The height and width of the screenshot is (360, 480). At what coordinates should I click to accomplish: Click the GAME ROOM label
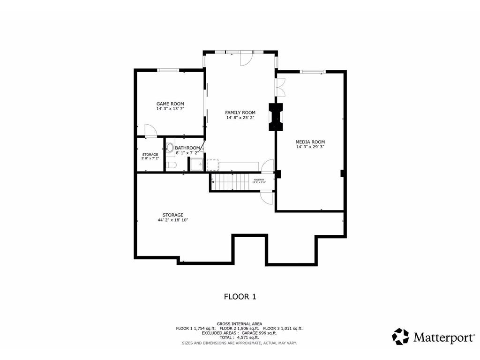point(170,104)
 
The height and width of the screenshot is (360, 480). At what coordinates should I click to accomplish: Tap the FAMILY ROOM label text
point(240,112)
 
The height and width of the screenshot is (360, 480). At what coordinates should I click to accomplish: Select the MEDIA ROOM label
point(310,142)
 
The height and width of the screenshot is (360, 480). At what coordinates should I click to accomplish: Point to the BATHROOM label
point(187,148)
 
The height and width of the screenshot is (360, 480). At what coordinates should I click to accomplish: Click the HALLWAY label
point(259,180)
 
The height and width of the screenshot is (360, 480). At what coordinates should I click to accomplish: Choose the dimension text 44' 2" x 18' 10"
point(172,220)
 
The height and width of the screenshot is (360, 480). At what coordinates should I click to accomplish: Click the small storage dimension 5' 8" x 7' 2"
point(150,158)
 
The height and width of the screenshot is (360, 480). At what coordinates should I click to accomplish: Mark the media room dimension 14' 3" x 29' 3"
point(310,147)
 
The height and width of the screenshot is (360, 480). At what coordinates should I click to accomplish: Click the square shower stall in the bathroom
point(196,165)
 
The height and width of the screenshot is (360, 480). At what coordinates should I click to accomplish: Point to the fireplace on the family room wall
point(275,117)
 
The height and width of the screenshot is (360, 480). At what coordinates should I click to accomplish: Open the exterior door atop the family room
point(246,58)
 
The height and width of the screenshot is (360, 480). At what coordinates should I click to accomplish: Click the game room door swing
point(150,130)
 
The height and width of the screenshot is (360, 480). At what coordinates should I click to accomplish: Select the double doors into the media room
point(280,87)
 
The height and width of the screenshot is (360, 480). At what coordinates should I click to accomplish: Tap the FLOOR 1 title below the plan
point(240,296)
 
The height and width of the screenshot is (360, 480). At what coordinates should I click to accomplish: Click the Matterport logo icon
point(400,337)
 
